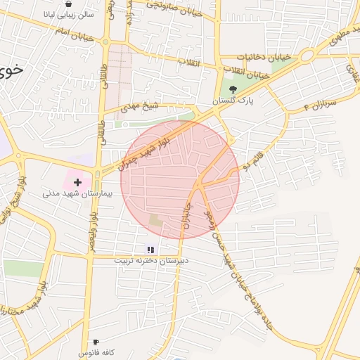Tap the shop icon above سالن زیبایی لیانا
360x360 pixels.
pyautogui.click(x=68, y=4)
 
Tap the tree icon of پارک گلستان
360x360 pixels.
pyautogui.click(x=233, y=89)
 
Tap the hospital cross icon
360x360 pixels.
pyautogui.click(x=77, y=182)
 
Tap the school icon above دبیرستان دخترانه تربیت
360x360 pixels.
pyautogui.click(x=150, y=249)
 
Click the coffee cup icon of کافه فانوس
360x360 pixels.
pyautogui.click(x=96, y=342)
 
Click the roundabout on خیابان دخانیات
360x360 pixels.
pyautogui.click(x=307, y=56)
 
